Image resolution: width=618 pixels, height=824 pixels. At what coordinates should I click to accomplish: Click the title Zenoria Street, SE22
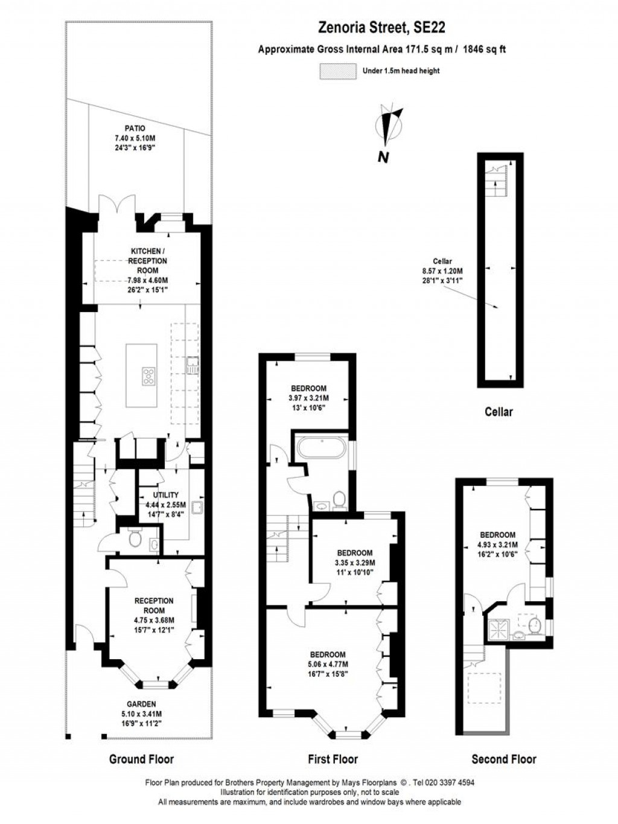[x=382, y=27]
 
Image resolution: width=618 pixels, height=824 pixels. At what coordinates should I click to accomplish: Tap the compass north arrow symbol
[x=388, y=126]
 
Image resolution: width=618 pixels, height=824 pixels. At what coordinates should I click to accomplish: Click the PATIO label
[x=135, y=128]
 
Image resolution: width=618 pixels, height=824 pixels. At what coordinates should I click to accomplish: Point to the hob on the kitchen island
[x=148, y=375]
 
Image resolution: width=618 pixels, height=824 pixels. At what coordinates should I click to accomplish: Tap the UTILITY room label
[x=166, y=495]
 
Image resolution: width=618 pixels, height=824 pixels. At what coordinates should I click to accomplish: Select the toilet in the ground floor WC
[x=135, y=538]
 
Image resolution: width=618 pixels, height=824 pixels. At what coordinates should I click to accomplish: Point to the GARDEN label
[x=141, y=704]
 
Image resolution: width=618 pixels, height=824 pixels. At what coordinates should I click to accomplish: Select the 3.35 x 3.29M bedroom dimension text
[x=355, y=562]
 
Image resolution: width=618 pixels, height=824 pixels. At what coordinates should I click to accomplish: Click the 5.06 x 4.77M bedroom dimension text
[x=328, y=664]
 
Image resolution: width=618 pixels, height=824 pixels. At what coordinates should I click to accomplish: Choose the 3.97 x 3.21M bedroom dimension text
[x=308, y=398]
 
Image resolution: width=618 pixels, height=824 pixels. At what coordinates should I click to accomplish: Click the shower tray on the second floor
[x=499, y=628]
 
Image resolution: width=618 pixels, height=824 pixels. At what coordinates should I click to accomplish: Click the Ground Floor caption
[x=141, y=759]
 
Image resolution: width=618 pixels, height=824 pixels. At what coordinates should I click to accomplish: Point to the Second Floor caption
[x=503, y=759]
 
